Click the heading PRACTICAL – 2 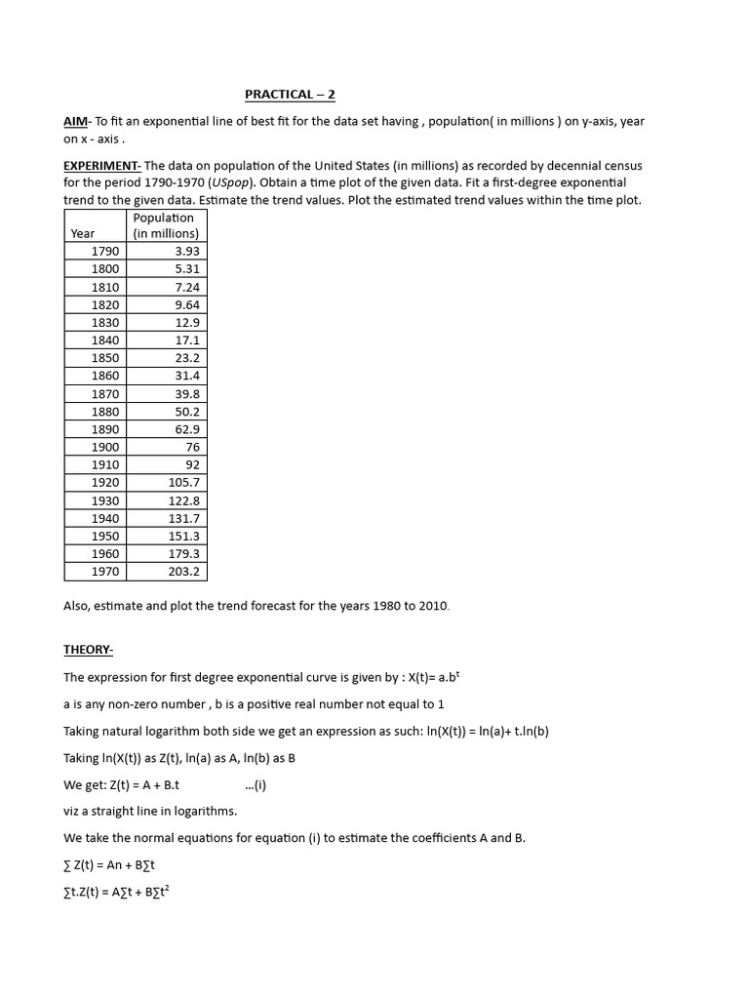coord(290,95)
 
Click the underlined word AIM coord(76,121)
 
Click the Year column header coord(83,234)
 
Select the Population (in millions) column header coord(165,225)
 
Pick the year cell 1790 coord(105,252)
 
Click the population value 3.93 coord(186,252)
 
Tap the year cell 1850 coord(105,358)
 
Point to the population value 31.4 coord(186,376)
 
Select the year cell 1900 coord(105,447)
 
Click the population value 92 coord(192,464)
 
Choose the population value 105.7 coord(183,482)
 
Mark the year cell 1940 coord(105,518)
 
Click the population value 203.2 coord(183,572)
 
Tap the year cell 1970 coord(105,572)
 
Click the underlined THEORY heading coord(89,650)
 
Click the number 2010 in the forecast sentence coord(434,606)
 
